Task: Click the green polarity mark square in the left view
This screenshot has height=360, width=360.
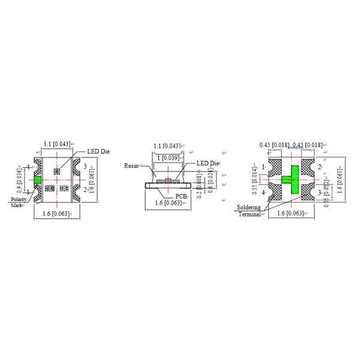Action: tap(37, 179)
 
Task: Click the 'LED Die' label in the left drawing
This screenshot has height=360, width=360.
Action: tap(98, 152)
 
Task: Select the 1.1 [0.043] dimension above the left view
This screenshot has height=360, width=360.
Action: tap(57, 144)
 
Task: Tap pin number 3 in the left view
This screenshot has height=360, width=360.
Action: tap(85, 166)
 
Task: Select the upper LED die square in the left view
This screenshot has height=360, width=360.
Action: tap(58, 171)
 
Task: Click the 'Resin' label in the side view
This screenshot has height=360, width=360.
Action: tap(131, 165)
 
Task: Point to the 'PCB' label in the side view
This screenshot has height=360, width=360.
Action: tap(181, 196)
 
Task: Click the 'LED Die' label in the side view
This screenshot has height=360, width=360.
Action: tap(208, 164)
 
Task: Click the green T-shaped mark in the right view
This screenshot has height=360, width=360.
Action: tap(293, 179)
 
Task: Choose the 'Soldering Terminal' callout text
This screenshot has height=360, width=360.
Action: tap(248, 211)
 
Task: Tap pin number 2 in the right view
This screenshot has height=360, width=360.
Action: tap(319, 166)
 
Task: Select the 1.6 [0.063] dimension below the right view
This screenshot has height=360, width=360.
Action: tap(290, 214)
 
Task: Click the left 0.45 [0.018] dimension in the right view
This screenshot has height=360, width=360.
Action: tap(275, 145)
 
